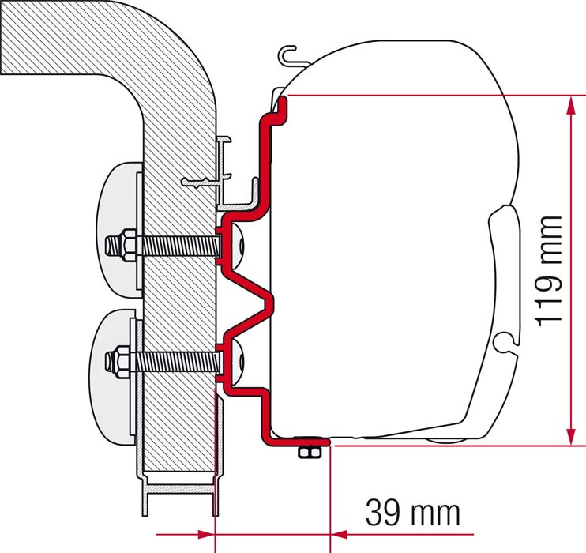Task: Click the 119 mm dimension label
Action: (549, 270)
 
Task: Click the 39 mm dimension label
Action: (412, 513)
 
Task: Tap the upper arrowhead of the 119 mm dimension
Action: (571, 106)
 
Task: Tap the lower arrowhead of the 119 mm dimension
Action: (571, 434)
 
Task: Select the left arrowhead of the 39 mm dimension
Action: (206, 534)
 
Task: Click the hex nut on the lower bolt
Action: (122, 362)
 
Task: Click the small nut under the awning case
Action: (310, 452)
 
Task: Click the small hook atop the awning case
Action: (287, 56)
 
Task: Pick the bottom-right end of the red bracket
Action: (328, 442)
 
